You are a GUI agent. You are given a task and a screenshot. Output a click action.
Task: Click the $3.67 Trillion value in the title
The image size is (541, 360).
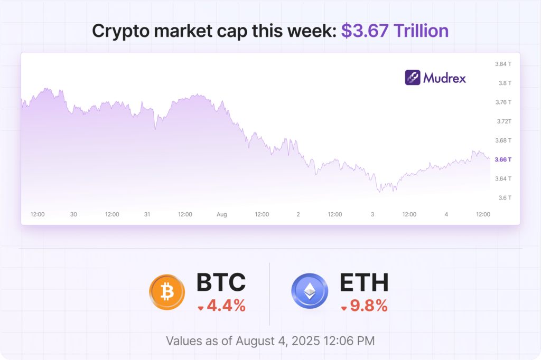pyautogui.click(x=395, y=31)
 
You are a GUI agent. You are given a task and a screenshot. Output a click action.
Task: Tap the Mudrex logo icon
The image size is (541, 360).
pyautogui.click(x=413, y=78)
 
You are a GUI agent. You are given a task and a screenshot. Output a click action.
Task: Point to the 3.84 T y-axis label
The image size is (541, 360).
pyautogui.click(x=503, y=64)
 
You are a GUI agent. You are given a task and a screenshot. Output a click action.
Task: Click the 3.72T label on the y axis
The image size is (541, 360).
pyautogui.click(x=503, y=121)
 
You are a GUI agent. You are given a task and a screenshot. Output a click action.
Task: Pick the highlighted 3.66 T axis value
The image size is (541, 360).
pyautogui.click(x=503, y=159)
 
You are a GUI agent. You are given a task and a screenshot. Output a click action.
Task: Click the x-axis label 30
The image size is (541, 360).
pyautogui.click(x=73, y=214)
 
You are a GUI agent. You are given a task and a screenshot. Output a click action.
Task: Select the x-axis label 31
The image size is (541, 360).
pyautogui.click(x=147, y=214)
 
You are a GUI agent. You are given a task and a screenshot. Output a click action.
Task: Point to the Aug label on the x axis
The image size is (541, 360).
pyautogui.click(x=222, y=214)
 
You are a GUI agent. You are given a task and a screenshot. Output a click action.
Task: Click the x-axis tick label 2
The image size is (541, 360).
pyautogui.click(x=298, y=214)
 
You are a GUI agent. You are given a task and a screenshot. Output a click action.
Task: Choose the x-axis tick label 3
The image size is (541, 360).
pyautogui.click(x=372, y=214)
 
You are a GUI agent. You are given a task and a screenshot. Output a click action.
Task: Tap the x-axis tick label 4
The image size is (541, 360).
pyautogui.click(x=446, y=214)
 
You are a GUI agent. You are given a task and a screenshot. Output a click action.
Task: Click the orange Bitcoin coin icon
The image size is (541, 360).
pyautogui.click(x=167, y=292)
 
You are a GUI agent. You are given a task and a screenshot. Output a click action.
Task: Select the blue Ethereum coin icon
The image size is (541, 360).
pyautogui.click(x=310, y=292)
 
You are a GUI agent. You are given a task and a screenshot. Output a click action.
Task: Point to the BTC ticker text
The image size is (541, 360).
pyautogui.click(x=221, y=282)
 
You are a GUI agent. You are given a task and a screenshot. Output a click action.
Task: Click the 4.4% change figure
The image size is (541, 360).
pyautogui.click(x=226, y=306)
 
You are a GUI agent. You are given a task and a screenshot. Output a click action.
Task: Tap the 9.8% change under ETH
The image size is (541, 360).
pyautogui.click(x=368, y=306)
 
